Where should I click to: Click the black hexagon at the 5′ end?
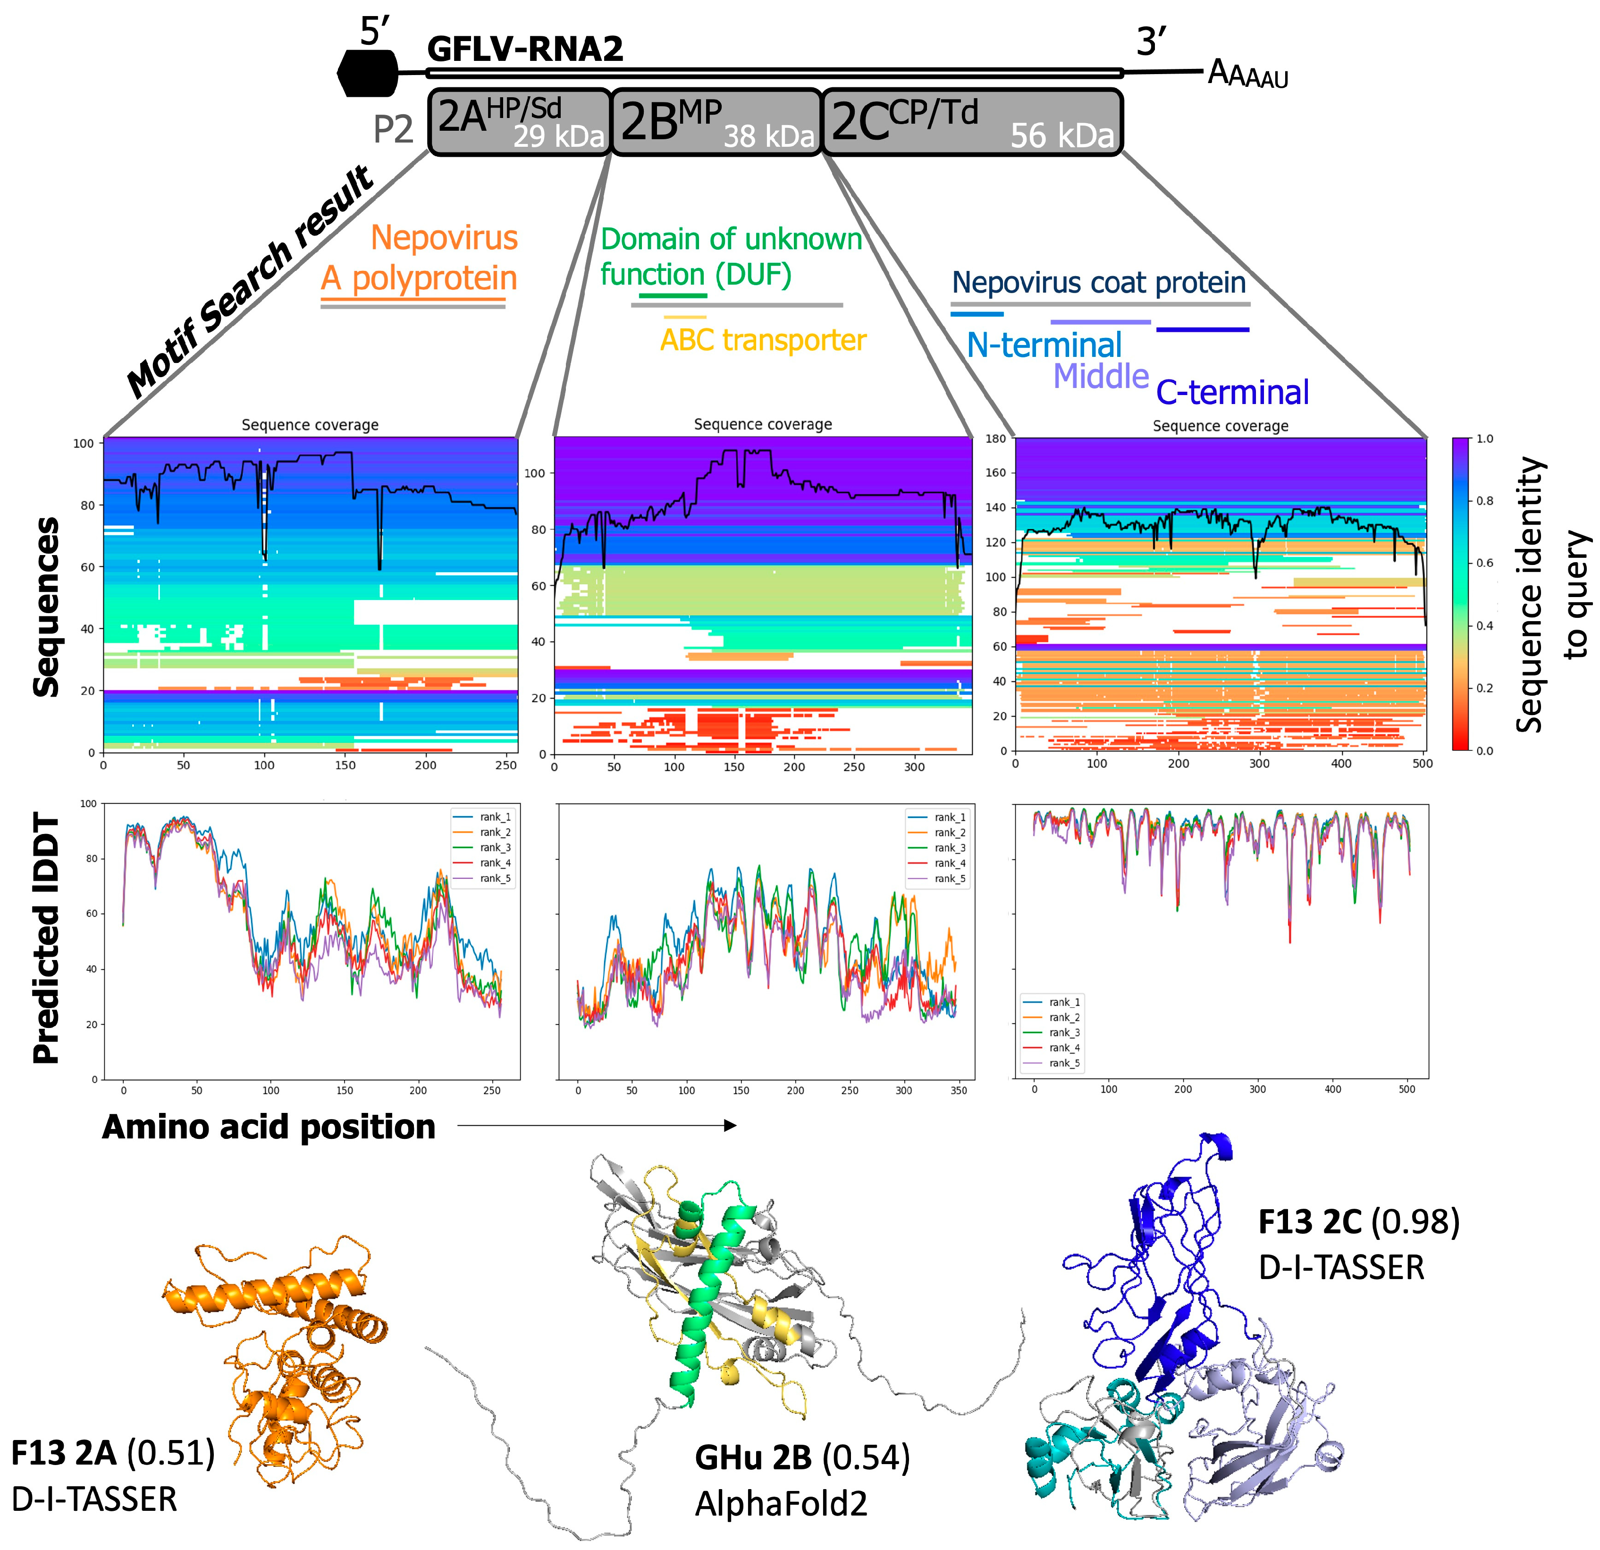point(367,74)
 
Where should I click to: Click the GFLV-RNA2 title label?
point(525,49)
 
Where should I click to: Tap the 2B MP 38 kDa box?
point(716,122)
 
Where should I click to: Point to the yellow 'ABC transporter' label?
point(762,339)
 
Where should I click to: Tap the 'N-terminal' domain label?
point(1044,345)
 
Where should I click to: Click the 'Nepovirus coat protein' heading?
point(1099,282)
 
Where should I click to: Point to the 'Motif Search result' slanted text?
point(250,283)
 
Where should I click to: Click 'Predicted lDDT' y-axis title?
point(47,939)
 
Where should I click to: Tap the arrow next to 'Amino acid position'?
point(596,1126)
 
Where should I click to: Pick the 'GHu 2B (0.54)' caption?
point(801,1458)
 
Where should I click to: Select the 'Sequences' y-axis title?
point(47,607)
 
